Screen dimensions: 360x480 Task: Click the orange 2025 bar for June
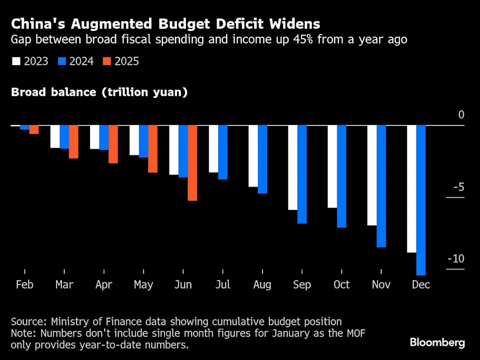pyautogui.click(x=192, y=163)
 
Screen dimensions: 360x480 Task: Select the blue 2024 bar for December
pyautogui.click(x=420, y=200)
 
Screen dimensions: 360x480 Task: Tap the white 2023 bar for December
pyautogui.click(x=411, y=188)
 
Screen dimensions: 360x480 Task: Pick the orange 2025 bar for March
pyautogui.click(x=73, y=142)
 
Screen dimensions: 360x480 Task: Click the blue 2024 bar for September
pyautogui.click(x=301, y=174)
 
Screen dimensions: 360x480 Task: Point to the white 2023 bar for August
pyautogui.click(x=253, y=156)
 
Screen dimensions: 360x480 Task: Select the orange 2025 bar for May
pyautogui.click(x=152, y=149)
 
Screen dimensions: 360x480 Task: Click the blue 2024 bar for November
pyautogui.click(x=381, y=186)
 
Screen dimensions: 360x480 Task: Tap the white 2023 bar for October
pyautogui.click(x=332, y=166)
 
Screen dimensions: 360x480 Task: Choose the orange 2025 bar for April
pyautogui.click(x=113, y=144)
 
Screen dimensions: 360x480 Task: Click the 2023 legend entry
pyautogui.click(x=29, y=61)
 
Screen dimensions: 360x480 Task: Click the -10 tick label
pyautogui.click(x=455, y=259)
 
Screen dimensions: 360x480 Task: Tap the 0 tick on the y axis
pyautogui.click(x=461, y=115)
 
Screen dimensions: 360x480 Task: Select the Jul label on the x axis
pyautogui.click(x=222, y=284)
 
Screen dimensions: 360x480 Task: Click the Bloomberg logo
pyautogui.click(x=437, y=342)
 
